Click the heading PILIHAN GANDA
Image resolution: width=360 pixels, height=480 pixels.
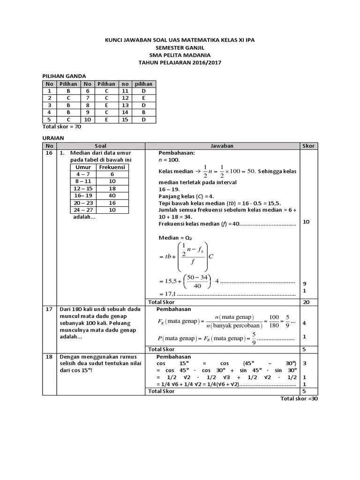[64, 75]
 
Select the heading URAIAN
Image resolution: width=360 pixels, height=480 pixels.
[53, 138]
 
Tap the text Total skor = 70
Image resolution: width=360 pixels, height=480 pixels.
[62, 126]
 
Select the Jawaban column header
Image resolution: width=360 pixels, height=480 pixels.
[222, 146]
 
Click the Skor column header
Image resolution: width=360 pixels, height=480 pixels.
[307, 146]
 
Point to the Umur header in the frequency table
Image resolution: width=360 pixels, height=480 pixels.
[83, 167]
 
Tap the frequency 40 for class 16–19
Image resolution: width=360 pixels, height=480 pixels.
[112, 195]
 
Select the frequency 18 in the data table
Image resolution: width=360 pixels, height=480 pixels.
[112, 188]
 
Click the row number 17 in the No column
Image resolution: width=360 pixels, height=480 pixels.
[48, 309]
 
